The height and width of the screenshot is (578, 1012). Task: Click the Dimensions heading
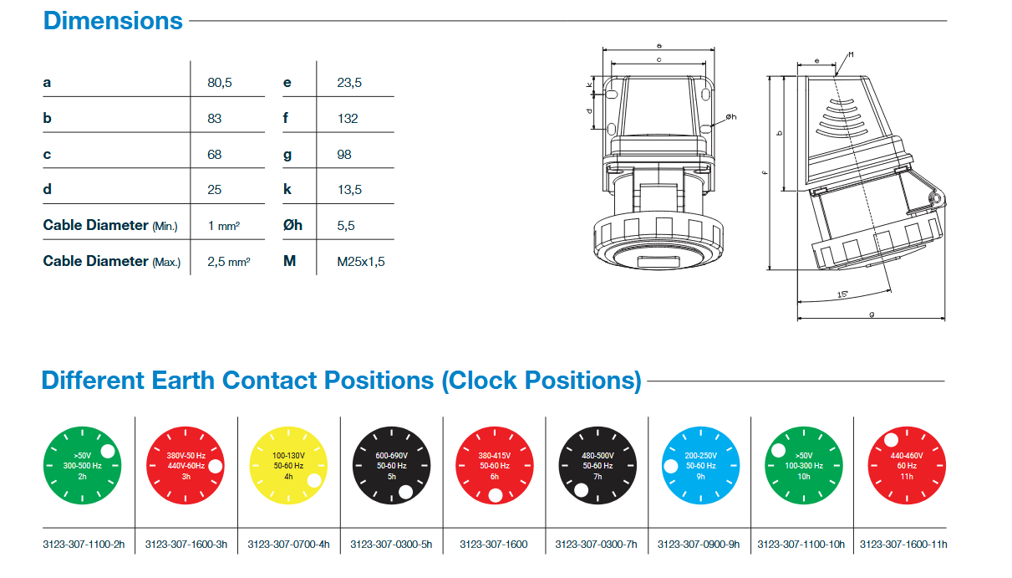pos(113,20)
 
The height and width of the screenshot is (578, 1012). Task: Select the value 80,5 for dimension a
pos(219,83)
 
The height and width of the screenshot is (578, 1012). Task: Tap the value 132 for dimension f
pos(348,119)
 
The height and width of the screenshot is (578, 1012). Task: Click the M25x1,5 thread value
pos(361,262)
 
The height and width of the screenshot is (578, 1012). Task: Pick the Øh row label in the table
pos(292,225)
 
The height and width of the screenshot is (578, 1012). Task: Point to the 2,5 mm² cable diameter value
pos(228,262)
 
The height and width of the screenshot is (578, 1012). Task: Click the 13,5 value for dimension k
pos(349,190)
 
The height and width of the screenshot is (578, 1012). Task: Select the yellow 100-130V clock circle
pos(289,466)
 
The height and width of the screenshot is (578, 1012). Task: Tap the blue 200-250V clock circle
pos(700,466)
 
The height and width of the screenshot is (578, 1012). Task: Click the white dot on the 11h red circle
pos(891,440)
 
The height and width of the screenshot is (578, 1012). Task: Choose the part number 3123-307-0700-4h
pos(289,545)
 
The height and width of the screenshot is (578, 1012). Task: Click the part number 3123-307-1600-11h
pos(903,545)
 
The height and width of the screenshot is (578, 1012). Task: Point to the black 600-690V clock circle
pos(391,466)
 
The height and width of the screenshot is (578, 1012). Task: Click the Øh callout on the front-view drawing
pos(730,116)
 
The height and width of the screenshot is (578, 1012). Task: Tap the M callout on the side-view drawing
pos(850,55)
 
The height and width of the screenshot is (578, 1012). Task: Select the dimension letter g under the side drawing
pos(872,315)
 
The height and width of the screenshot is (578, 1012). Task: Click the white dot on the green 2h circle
pos(109,453)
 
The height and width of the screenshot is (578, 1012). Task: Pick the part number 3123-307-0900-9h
pos(699,545)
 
